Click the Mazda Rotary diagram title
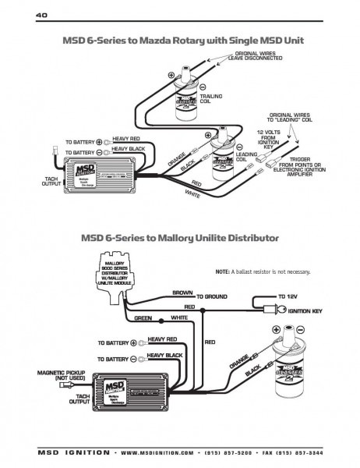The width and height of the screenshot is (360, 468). click(x=181, y=40)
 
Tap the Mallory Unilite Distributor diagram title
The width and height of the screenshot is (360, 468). click(x=180, y=236)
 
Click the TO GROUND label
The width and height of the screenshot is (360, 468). click(x=212, y=297)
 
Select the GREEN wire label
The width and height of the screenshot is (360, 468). click(x=143, y=318)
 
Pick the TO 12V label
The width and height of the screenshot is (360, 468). click(x=289, y=297)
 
